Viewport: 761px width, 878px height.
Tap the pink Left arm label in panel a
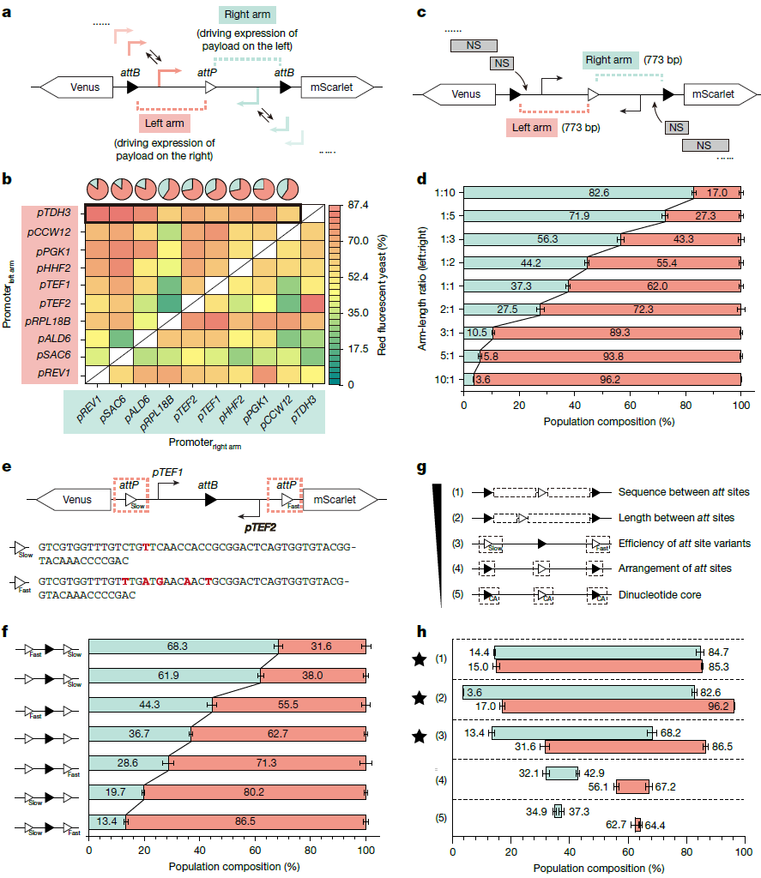coord(162,123)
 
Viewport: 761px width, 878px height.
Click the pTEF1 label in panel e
coord(169,472)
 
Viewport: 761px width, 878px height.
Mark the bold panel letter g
coord(421,470)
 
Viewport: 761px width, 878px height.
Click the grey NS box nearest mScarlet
coord(678,127)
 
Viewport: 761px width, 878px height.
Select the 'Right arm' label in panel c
coord(609,59)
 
